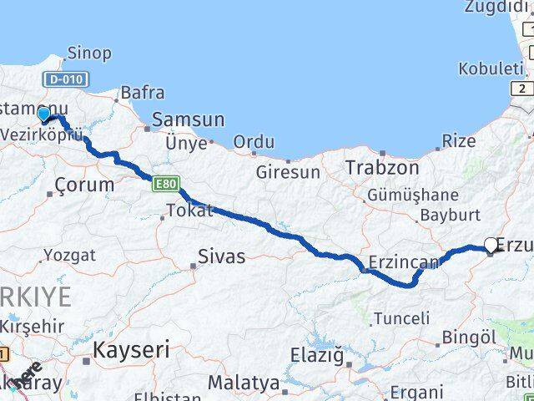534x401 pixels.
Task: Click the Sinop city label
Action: click(88, 53)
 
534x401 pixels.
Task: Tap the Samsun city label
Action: click(189, 119)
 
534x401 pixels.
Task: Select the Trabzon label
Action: click(382, 166)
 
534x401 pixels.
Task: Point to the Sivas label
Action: click(222, 256)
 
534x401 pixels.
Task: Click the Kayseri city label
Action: click(132, 348)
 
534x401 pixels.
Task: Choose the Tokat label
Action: click(190, 211)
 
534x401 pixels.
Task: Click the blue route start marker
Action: click(44, 115)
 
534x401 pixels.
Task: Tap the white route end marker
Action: click(491, 246)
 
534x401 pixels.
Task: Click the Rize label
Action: click(458, 141)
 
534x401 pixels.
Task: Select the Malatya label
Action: click(244, 383)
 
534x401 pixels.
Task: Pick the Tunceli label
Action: click(402, 318)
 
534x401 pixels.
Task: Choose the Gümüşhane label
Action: click(412, 195)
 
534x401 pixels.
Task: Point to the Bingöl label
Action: click(466, 338)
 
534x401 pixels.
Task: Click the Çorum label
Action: click(83, 185)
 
